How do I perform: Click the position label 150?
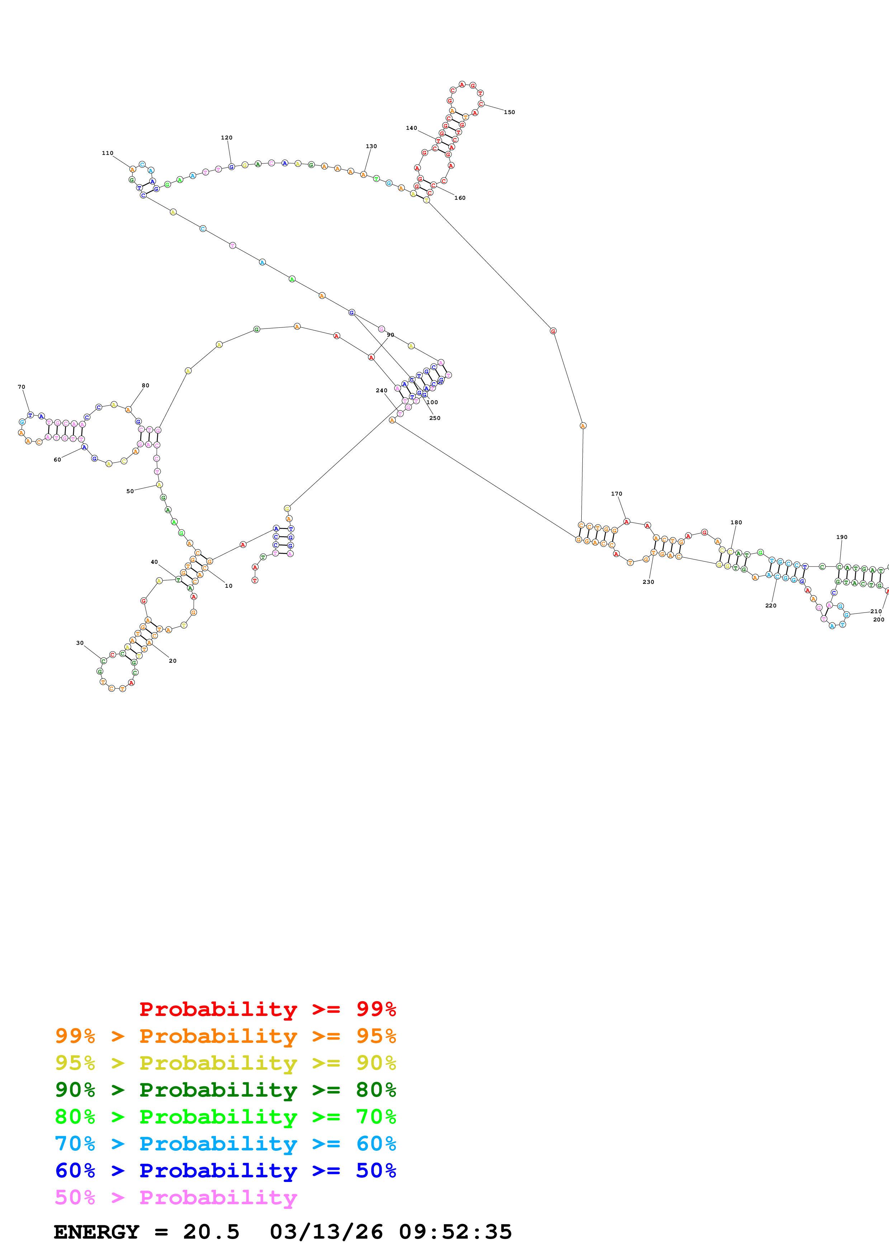click(x=509, y=112)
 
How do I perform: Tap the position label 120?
click(x=226, y=137)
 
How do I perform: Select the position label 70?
click(x=22, y=387)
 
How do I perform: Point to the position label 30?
click(x=80, y=643)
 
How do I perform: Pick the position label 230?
click(x=648, y=582)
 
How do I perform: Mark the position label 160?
click(x=460, y=198)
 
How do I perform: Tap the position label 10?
click(x=228, y=586)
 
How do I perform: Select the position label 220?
click(x=770, y=605)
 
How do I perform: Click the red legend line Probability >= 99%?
click(x=267, y=1009)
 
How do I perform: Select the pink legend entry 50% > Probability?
click(x=175, y=1197)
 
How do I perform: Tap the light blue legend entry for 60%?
click(x=225, y=1144)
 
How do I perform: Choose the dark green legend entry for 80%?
click(x=225, y=1090)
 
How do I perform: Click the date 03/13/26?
click(x=326, y=1232)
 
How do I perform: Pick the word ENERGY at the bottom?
click(x=96, y=1232)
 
